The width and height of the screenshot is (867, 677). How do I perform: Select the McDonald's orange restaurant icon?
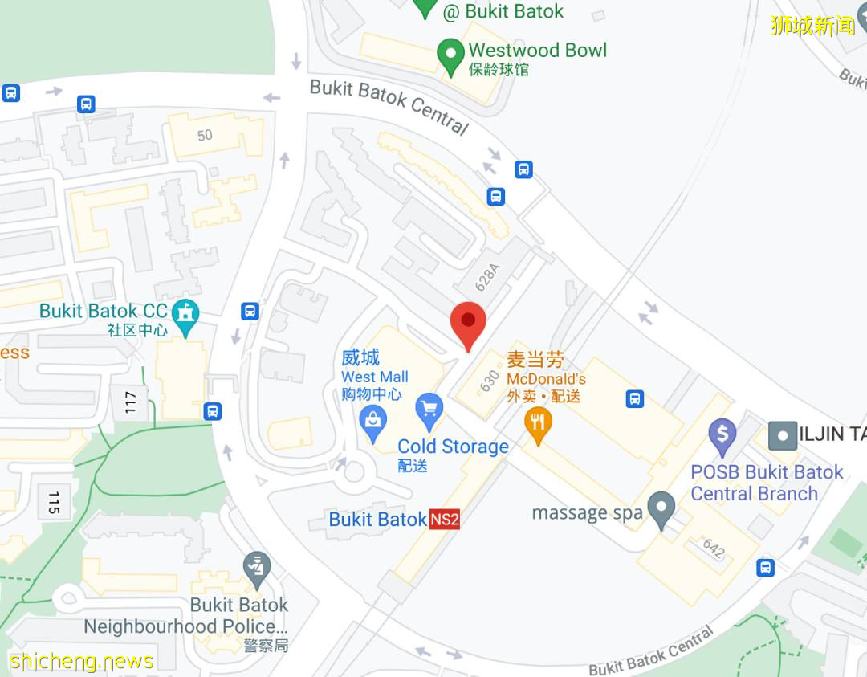(538, 423)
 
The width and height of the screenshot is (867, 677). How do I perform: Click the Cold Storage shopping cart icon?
(429, 410)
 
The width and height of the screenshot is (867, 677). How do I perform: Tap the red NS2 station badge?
(445, 520)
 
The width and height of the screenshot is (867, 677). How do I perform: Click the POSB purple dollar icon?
(722, 435)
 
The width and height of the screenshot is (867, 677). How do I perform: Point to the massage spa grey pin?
(661, 508)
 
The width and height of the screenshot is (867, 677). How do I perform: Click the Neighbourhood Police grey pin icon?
(257, 568)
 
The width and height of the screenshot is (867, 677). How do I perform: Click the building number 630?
(490, 381)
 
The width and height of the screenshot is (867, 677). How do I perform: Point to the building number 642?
(713, 549)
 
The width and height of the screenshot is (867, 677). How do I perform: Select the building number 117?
(131, 402)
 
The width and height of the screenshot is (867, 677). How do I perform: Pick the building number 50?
(206, 135)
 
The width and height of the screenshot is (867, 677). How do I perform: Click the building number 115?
(54, 503)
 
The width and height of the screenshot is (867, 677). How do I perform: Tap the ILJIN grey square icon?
(782, 435)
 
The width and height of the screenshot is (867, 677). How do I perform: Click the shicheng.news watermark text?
(81, 662)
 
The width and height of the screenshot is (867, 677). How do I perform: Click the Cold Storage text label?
(453, 447)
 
